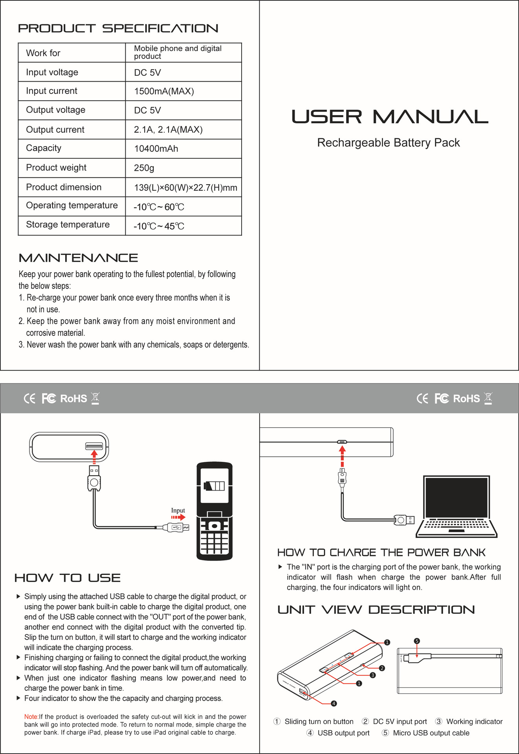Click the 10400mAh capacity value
point(156,149)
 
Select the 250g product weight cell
point(144,168)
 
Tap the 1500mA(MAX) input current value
point(164,92)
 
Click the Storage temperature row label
point(68,225)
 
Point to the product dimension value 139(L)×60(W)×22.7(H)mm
point(185,187)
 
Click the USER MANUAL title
point(389,117)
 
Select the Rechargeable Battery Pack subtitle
point(388,143)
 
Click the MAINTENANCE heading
point(78,258)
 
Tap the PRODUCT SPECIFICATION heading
point(118,29)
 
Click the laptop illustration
point(457,507)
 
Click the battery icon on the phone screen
point(214,486)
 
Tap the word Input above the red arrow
point(178,511)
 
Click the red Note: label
point(31,717)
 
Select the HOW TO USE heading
point(67,578)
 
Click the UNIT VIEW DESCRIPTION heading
point(376,610)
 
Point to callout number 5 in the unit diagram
point(417,641)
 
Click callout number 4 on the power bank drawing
point(334,703)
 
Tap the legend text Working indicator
point(474,721)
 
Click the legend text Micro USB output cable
point(431,733)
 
